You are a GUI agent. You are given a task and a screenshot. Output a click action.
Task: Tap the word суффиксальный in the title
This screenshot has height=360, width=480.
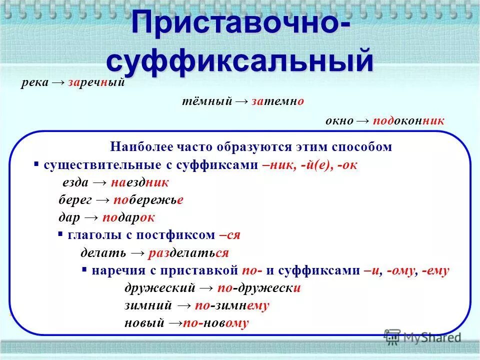[x=240, y=61]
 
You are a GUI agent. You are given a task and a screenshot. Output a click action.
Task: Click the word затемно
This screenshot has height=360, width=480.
[x=277, y=101]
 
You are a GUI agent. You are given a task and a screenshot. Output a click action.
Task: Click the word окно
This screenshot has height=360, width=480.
[x=339, y=120]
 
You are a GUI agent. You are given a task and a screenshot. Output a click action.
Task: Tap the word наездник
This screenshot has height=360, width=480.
[x=140, y=182]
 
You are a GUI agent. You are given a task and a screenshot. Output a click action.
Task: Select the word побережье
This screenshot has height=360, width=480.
[x=148, y=200]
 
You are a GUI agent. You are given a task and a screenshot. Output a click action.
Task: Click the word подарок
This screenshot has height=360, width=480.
[x=128, y=217]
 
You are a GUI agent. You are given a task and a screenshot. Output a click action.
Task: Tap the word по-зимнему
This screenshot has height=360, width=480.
[x=232, y=305]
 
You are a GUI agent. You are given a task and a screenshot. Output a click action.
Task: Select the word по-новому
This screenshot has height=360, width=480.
[x=216, y=323]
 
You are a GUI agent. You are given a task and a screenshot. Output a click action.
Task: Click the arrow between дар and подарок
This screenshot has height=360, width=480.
[x=91, y=217]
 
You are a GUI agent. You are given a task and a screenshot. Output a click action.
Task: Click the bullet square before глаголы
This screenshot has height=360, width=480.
[x=60, y=234]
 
